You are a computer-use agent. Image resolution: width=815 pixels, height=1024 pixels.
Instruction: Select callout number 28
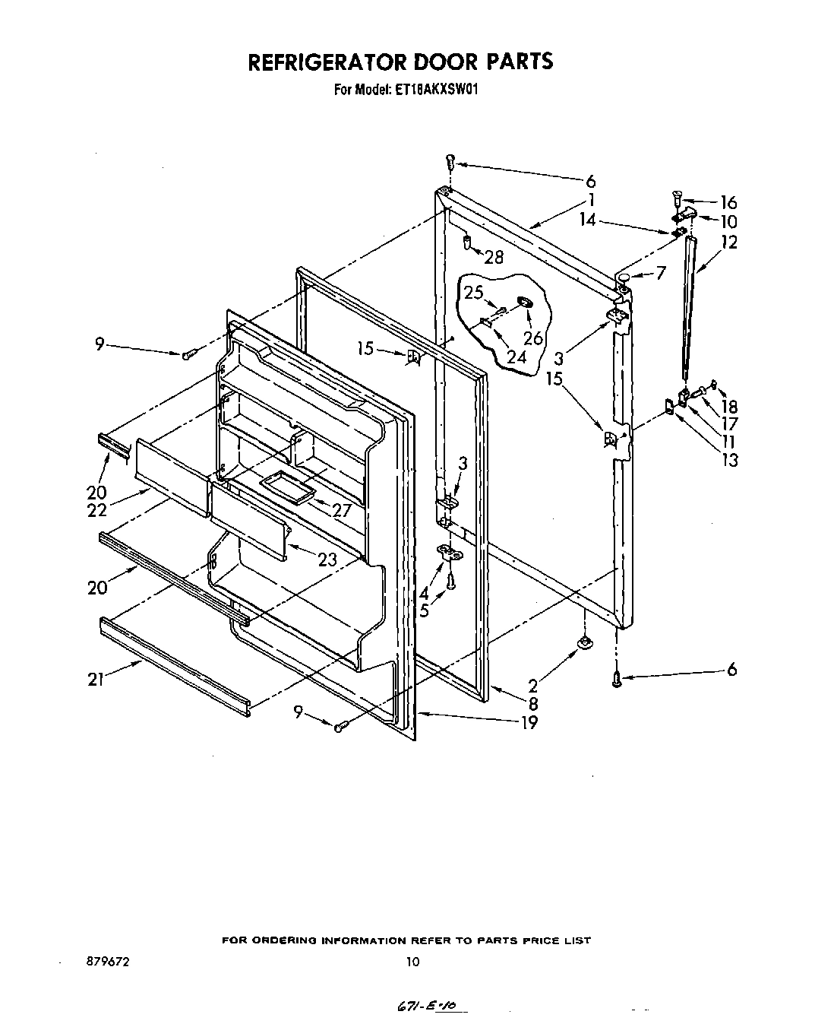[x=494, y=258]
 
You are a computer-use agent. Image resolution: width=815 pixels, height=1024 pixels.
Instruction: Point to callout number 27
[x=342, y=509]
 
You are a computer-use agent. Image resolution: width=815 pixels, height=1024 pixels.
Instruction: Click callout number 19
[x=529, y=722]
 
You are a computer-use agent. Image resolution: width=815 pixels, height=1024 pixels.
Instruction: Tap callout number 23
[x=327, y=559]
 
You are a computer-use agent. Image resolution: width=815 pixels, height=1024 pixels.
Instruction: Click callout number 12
[x=729, y=243]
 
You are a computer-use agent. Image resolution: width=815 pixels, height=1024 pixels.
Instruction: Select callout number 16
[x=728, y=202]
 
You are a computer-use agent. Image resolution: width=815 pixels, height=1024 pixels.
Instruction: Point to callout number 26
[x=533, y=337]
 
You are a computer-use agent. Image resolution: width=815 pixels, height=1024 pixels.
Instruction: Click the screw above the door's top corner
[x=450, y=161]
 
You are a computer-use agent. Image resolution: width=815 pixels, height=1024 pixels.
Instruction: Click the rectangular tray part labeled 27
[x=286, y=485]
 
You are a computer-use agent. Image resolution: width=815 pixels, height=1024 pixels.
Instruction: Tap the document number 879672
[x=109, y=962]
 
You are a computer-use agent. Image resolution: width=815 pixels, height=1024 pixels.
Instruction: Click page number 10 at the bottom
[x=412, y=962]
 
